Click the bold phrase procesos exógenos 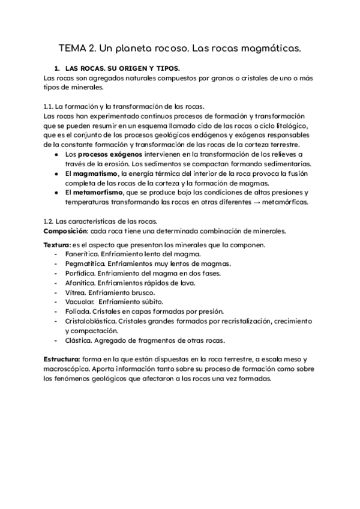(110, 154)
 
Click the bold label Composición (67, 231)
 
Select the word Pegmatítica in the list (85, 264)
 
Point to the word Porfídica (81, 273)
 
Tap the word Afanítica (81, 283)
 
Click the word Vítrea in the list (76, 292)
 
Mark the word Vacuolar (80, 302)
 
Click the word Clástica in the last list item (80, 340)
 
